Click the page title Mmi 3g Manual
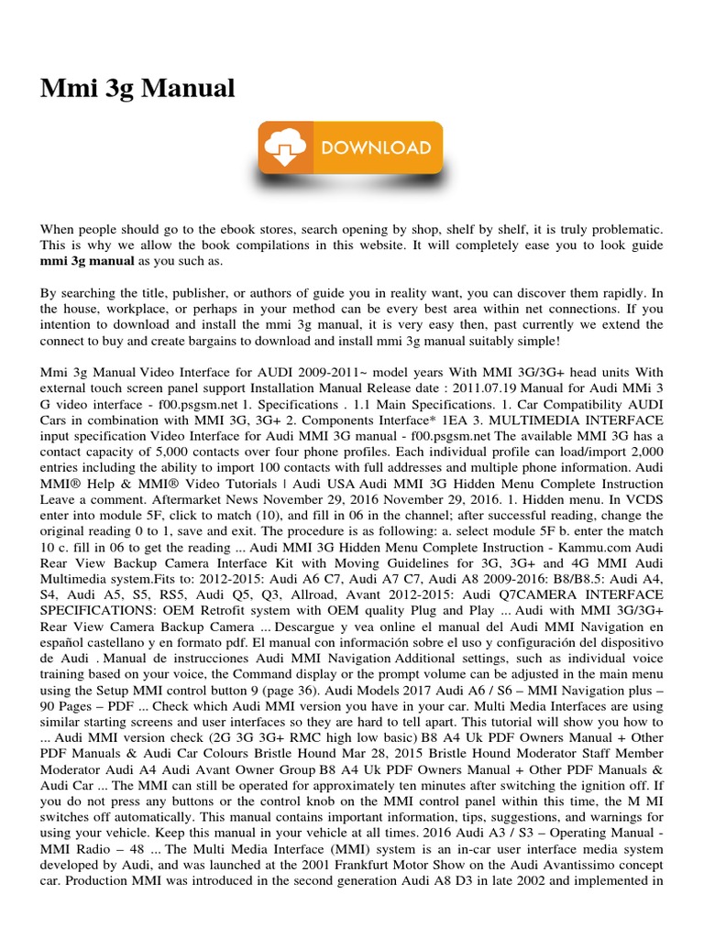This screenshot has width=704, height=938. pos(137,89)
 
